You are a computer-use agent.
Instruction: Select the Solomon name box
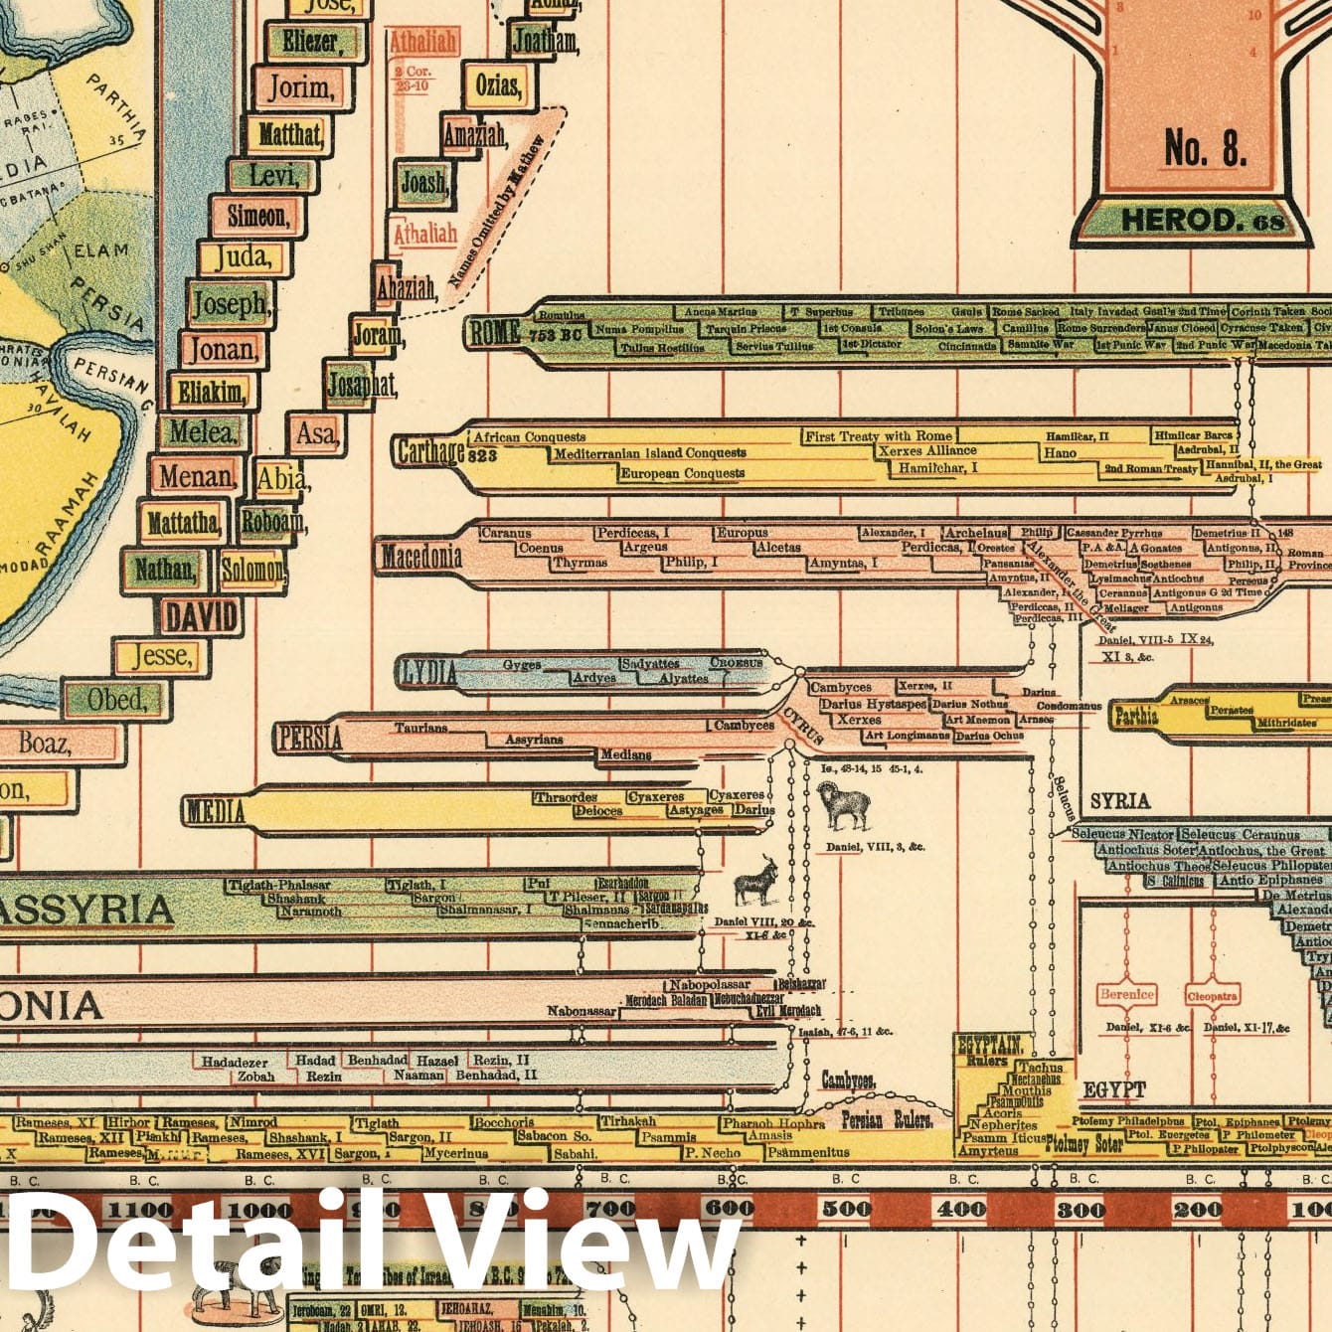pyautogui.click(x=251, y=571)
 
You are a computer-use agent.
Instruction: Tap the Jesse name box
pyautogui.click(x=160, y=656)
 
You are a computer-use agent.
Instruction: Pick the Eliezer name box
pyautogui.click(x=309, y=42)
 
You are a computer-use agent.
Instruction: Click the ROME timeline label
pyautogui.click(x=495, y=333)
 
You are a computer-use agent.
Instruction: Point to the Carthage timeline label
pyautogui.click(x=430, y=452)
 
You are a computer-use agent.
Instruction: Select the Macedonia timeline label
pyautogui.click(x=420, y=557)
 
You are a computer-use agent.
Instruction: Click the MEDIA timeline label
pyautogui.click(x=215, y=811)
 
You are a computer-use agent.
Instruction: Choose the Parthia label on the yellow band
pyautogui.click(x=1136, y=716)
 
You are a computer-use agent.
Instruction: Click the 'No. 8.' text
pyautogui.click(x=1205, y=150)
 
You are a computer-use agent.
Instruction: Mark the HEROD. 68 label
pyautogui.click(x=1202, y=220)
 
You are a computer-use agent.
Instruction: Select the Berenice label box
pyautogui.click(x=1127, y=994)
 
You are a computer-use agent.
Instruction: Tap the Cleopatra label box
pyautogui.click(x=1213, y=995)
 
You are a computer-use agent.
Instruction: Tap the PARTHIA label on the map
pyautogui.click(x=118, y=106)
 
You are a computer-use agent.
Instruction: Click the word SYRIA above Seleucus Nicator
pyautogui.click(x=1119, y=801)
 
